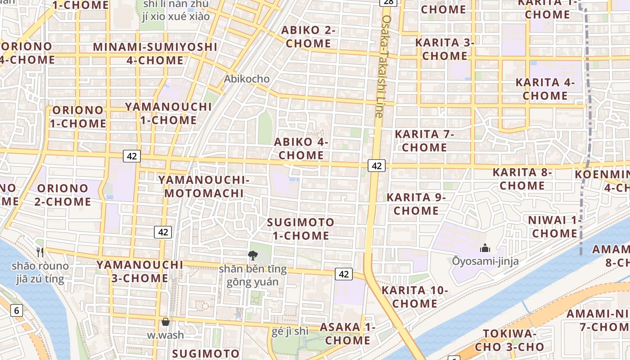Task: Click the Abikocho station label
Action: click(x=247, y=79)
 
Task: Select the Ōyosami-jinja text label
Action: click(x=486, y=261)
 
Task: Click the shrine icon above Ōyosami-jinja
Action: click(x=485, y=248)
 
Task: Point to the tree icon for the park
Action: click(x=253, y=256)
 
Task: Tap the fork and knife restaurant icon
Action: click(x=40, y=252)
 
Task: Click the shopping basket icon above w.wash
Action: click(x=166, y=322)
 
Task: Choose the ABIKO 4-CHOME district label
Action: click(x=301, y=148)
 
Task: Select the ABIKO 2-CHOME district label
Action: click(x=309, y=37)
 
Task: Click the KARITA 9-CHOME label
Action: click(x=416, y=204)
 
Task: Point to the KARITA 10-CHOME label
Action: click(x=414, y=297)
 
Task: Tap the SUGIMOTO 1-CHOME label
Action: click(x=301, y=229)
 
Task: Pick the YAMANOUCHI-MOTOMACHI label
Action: click(x=204, y=187)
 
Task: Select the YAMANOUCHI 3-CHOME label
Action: click(x=139, y=271)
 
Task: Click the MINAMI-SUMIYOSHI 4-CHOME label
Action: click(x=155, y=54)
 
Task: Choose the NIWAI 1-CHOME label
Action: click(x=555, y=227)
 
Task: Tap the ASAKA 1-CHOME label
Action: click(x=347, y=334)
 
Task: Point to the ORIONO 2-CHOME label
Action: click(x=63, y=195)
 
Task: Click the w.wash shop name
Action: click(x=166, y=335)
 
